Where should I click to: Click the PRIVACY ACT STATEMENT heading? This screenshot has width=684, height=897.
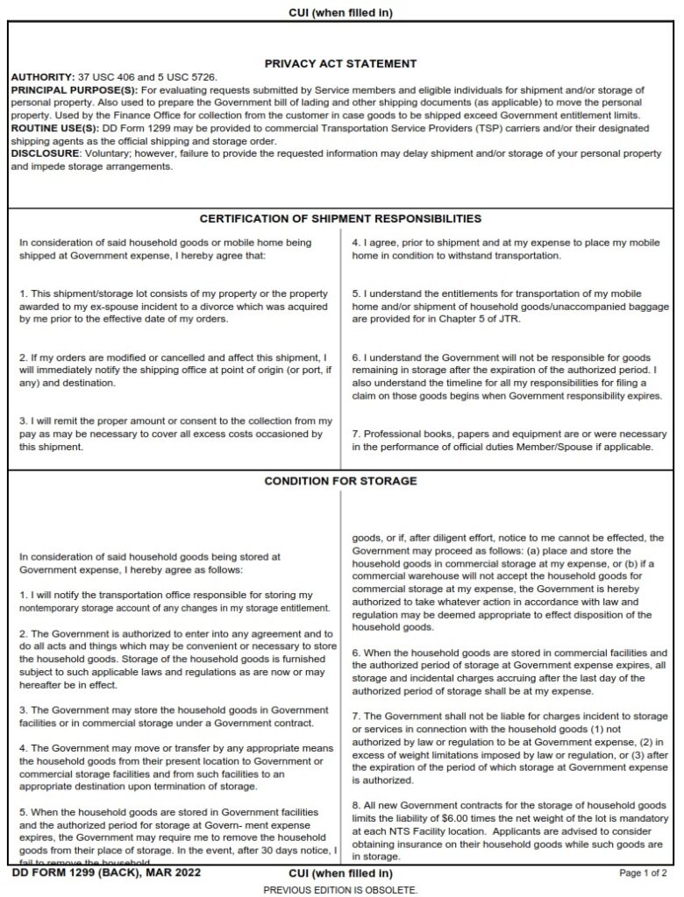coord(340,64)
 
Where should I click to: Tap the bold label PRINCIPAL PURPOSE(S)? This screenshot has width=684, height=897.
coord(73,90)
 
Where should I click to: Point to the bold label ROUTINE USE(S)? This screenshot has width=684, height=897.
coord(53,129)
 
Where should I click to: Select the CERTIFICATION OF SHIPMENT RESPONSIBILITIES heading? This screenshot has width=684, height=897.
coord(340,218)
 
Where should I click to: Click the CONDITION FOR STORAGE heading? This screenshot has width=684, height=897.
coord(340,481)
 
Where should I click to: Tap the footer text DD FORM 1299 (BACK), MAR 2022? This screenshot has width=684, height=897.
coord(106,872)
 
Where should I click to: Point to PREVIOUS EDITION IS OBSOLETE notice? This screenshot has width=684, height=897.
coord(340,889)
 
